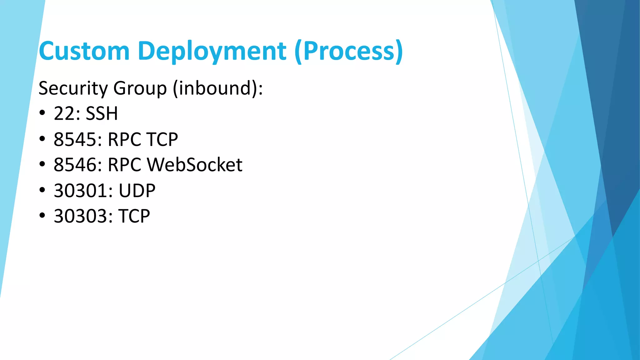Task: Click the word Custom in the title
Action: (x=84, y=51)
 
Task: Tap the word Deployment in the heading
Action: (x=212, y=51)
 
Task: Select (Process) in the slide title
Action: (x=348, y=51)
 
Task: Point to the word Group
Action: (x=140, y=88)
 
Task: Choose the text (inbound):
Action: (x=218, y=88)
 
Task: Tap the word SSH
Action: (x=102, y=113)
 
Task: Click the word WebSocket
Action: (x=194, y=165)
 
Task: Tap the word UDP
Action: (x=137, y=191)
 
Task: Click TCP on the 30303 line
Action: (x=134, y=216)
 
